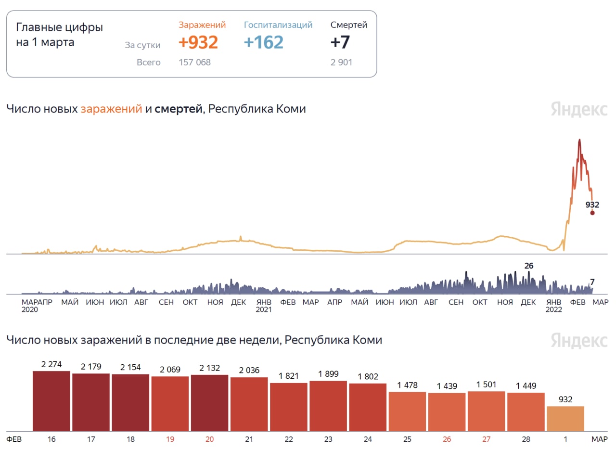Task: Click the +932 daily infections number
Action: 198,42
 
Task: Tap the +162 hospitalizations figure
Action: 263,42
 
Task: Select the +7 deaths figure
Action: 340,42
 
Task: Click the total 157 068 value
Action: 194,62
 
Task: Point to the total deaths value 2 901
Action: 341,62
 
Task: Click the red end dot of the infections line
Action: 592,213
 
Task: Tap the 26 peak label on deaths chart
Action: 529,266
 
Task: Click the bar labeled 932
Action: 565,418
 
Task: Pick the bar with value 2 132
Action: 209,403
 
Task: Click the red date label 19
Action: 170,439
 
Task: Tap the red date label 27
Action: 487,439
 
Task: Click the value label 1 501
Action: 486,384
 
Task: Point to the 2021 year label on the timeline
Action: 264,309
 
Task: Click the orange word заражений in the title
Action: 111,109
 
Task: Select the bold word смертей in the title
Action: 179,109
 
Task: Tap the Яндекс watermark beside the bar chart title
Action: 579,340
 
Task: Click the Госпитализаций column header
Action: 278,25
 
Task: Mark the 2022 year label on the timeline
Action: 553,309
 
